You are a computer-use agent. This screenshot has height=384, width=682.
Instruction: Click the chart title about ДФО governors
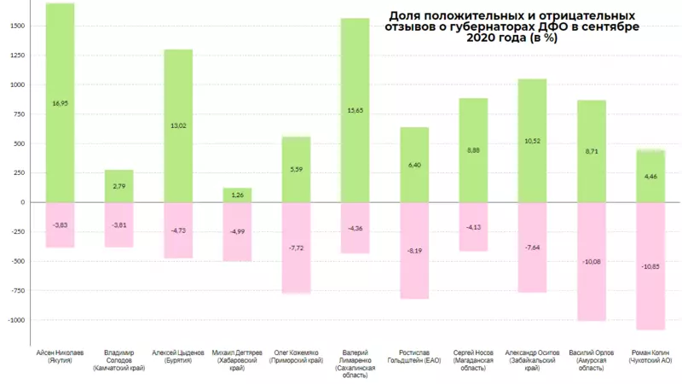pos(511,27)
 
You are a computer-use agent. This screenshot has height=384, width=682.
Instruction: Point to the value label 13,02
pos(178,126)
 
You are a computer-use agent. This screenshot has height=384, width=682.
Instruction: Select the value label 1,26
pos(237,195)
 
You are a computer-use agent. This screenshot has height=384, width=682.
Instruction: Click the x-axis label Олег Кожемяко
pos(297,355)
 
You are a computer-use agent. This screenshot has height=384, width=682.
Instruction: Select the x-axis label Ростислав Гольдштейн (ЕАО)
pos(414,355)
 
